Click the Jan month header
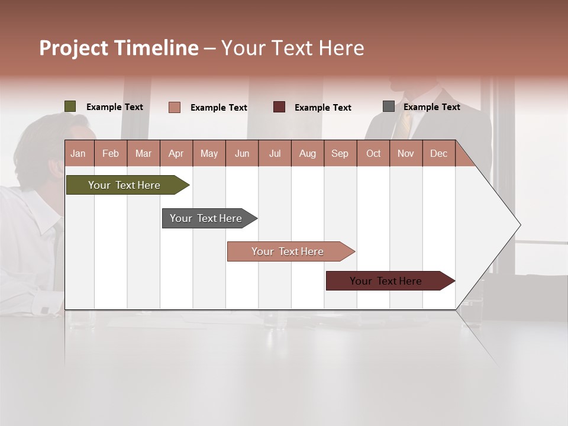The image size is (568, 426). click(78, 153)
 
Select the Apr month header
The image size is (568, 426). click(176, 153)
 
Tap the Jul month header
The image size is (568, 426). click(275, 153)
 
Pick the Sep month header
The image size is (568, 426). click(340, 153)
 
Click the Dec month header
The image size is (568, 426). click(438, 153)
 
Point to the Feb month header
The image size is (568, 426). click(111, 153)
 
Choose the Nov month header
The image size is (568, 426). click(406, 153)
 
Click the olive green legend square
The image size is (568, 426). click(70, 106)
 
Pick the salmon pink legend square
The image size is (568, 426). click(175, 107)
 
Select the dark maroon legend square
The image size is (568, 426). click(279, 107)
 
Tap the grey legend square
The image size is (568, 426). click(389, 106)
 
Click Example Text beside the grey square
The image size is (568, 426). click(431, 107)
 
